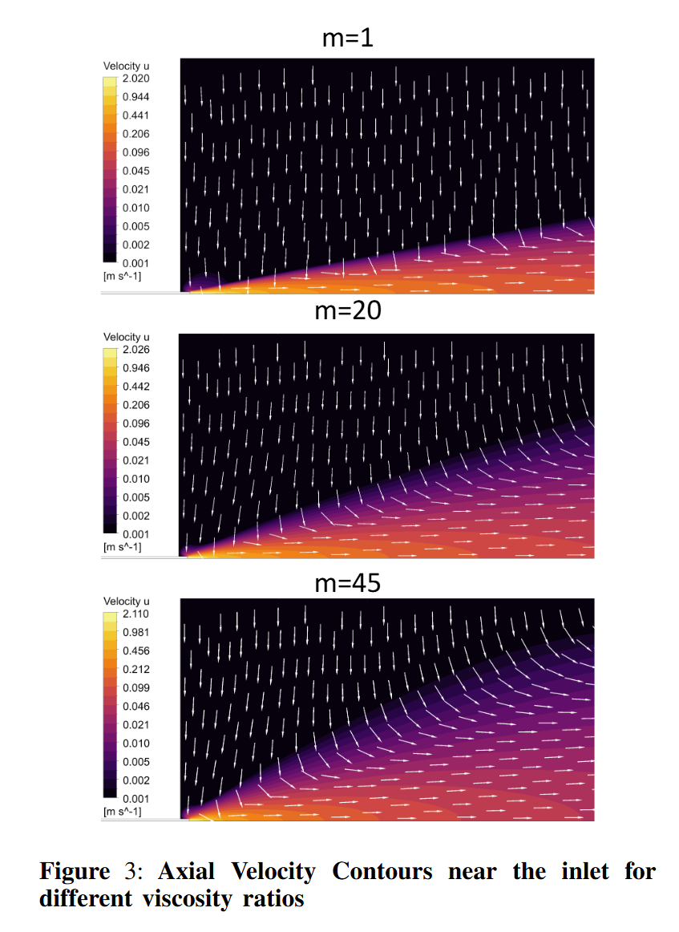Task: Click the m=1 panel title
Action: (347, 38)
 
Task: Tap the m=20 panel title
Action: (347, 311)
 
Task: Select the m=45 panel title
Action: (347, 584)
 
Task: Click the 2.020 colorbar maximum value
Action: (135, 79)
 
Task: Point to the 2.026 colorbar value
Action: (135, 350)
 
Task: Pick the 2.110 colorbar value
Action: (135, 614)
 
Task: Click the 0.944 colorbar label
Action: (135, 97)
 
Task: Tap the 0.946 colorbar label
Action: (135, 368)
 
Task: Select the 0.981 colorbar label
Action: (135, 632)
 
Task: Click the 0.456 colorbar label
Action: (135, 650)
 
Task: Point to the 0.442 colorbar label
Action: (135, 387)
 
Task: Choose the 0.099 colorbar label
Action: (135, 687)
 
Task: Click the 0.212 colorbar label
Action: (135, 669)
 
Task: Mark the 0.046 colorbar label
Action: (135, 706)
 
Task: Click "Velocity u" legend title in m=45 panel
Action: (127, 602)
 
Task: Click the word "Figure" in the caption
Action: (75, 872)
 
